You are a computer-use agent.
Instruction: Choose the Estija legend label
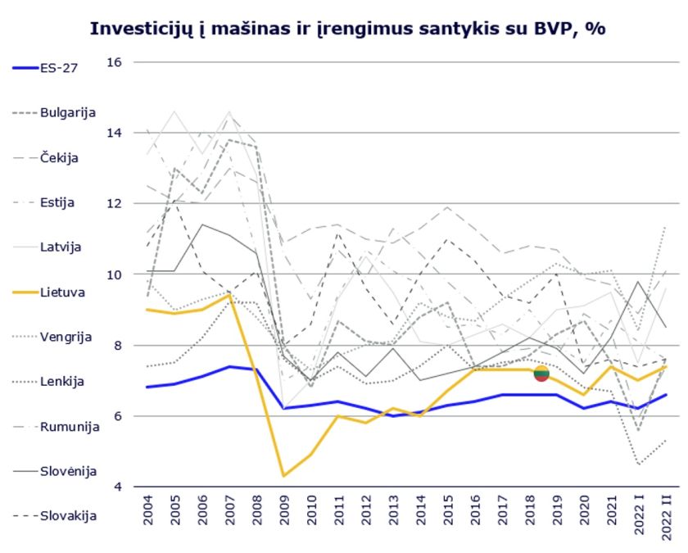(57, 202)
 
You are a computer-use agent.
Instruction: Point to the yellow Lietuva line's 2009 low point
(283, 476)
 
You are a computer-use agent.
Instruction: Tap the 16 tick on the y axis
(114, 62)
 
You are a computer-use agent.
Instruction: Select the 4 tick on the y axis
(118, 487)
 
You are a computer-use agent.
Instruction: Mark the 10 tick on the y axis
(114, 274)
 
